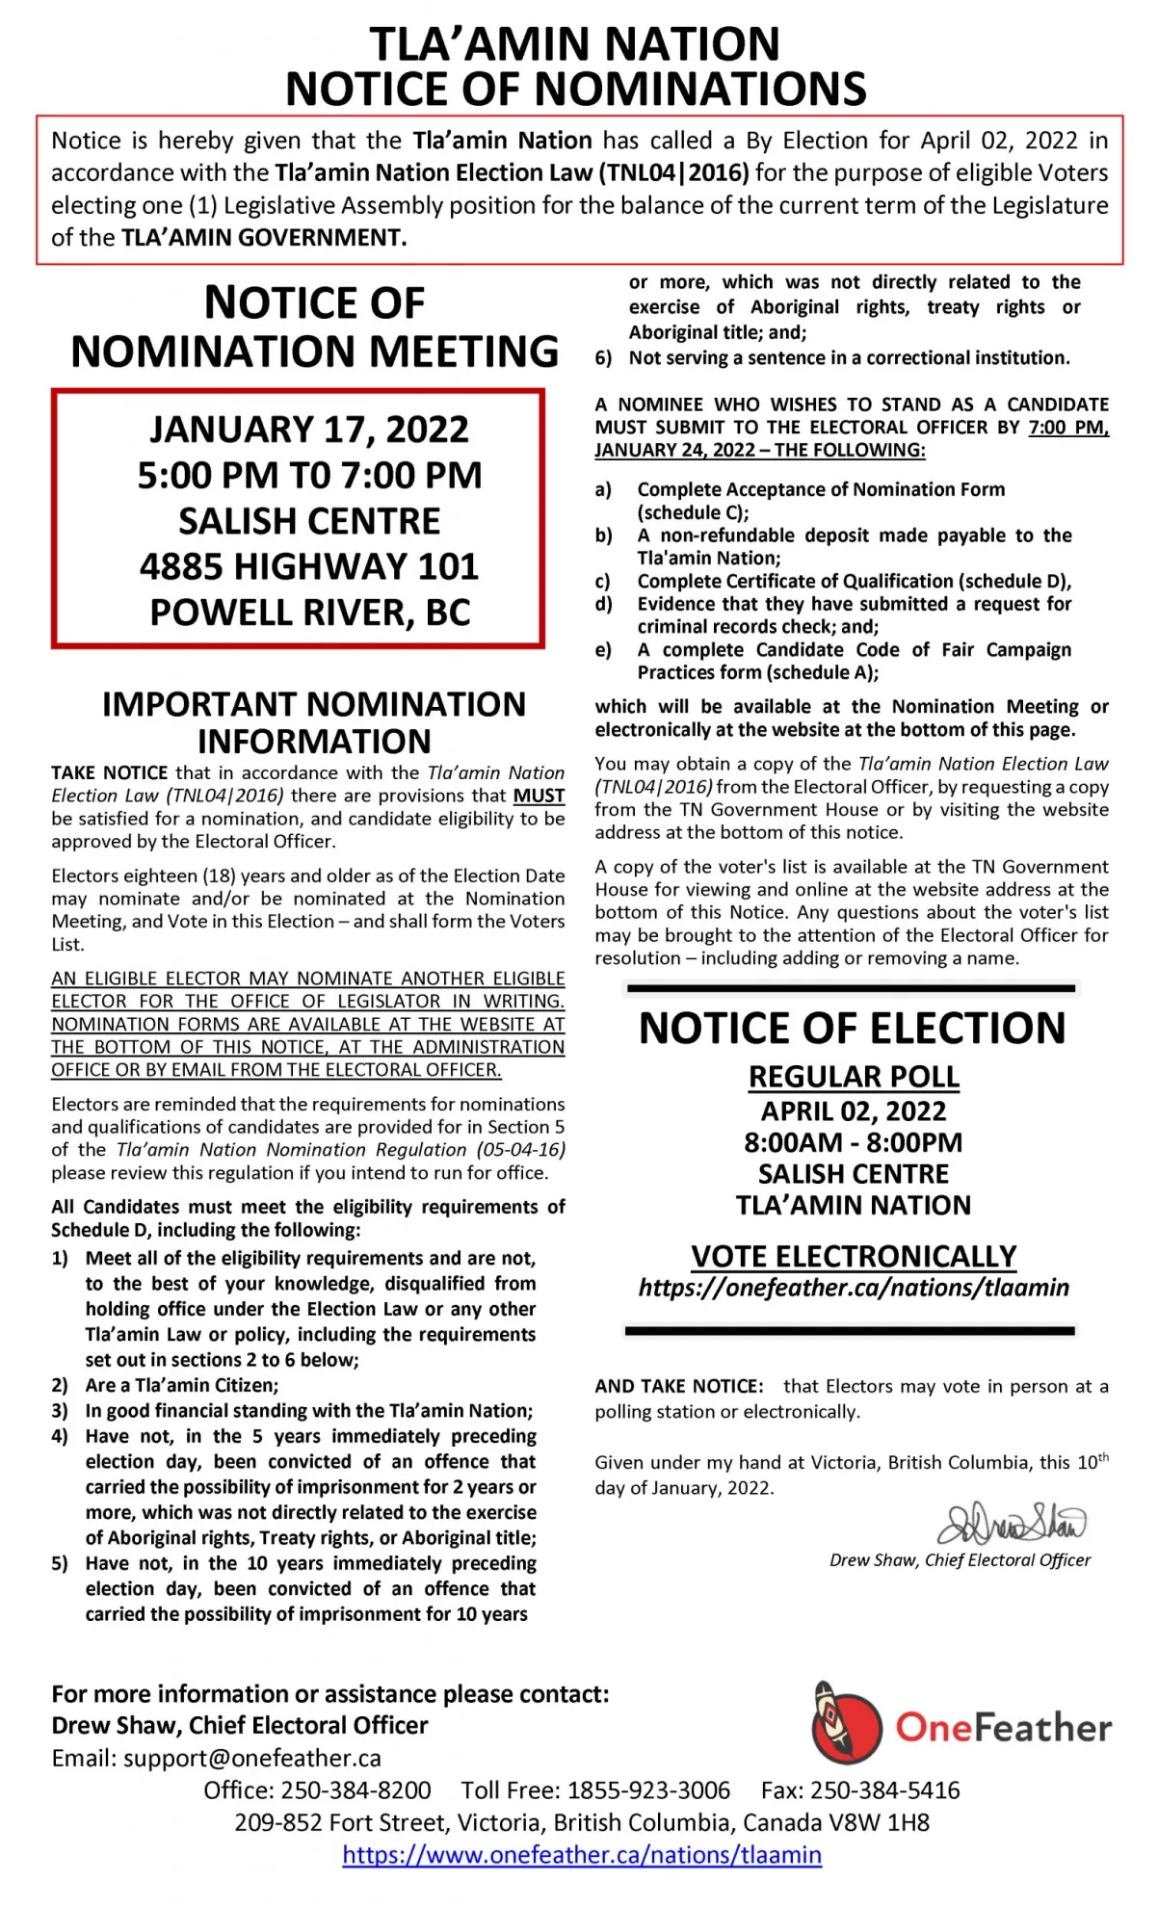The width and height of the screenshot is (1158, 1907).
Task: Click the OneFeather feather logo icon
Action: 845,1722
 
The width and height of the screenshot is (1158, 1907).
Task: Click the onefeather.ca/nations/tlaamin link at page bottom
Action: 582,1854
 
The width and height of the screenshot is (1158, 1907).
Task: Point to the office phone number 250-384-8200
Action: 355,1790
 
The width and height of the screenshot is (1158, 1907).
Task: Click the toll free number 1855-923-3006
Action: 648,1790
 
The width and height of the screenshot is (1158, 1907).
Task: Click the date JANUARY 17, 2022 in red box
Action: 309,429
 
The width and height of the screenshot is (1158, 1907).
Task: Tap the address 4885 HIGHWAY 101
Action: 309,566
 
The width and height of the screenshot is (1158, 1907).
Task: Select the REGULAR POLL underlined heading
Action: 854,1077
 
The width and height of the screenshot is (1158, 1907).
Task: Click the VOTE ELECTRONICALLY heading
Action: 854,1256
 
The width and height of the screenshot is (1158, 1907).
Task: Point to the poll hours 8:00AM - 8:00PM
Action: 854,1142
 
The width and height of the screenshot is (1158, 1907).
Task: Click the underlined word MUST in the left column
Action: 539,796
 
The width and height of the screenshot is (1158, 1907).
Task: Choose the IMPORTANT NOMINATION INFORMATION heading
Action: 314,722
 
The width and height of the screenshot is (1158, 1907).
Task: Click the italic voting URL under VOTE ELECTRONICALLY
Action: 854,1288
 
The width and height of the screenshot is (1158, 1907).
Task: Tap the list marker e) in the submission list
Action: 604,650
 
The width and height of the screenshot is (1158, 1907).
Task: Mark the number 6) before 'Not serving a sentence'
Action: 604,358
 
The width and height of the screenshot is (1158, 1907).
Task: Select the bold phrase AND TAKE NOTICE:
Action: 679,1386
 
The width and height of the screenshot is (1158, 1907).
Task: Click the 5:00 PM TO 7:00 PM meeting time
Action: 309,475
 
